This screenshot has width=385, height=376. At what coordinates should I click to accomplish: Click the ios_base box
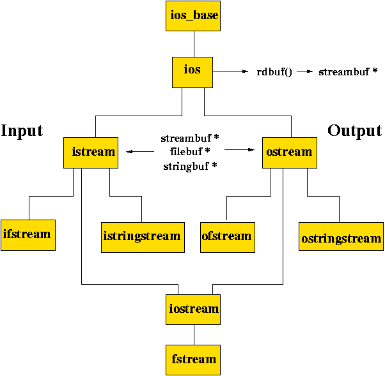194,15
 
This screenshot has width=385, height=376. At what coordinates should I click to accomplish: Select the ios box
192,71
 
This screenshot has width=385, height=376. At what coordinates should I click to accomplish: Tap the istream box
91,152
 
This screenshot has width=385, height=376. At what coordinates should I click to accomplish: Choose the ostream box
290,152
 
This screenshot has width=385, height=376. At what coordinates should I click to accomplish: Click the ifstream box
27,234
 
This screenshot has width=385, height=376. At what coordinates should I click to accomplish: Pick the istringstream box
143,236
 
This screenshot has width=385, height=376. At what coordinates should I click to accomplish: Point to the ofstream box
227,236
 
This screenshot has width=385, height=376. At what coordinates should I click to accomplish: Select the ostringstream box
341,238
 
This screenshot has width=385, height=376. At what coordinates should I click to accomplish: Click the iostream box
194,309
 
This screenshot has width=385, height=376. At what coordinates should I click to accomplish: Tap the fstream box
194,359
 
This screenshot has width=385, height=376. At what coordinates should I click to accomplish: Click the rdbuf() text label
274,71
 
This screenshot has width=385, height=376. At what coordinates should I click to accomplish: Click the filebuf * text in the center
190,151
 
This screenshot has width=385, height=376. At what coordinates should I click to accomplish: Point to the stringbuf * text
190,165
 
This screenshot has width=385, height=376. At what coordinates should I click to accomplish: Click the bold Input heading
22,131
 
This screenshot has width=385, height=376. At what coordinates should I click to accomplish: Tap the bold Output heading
354,131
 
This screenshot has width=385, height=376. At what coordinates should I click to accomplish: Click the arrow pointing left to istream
139,152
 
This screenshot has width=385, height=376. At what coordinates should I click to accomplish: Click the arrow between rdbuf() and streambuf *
305,71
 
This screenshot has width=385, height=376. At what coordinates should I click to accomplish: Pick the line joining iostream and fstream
194,334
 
